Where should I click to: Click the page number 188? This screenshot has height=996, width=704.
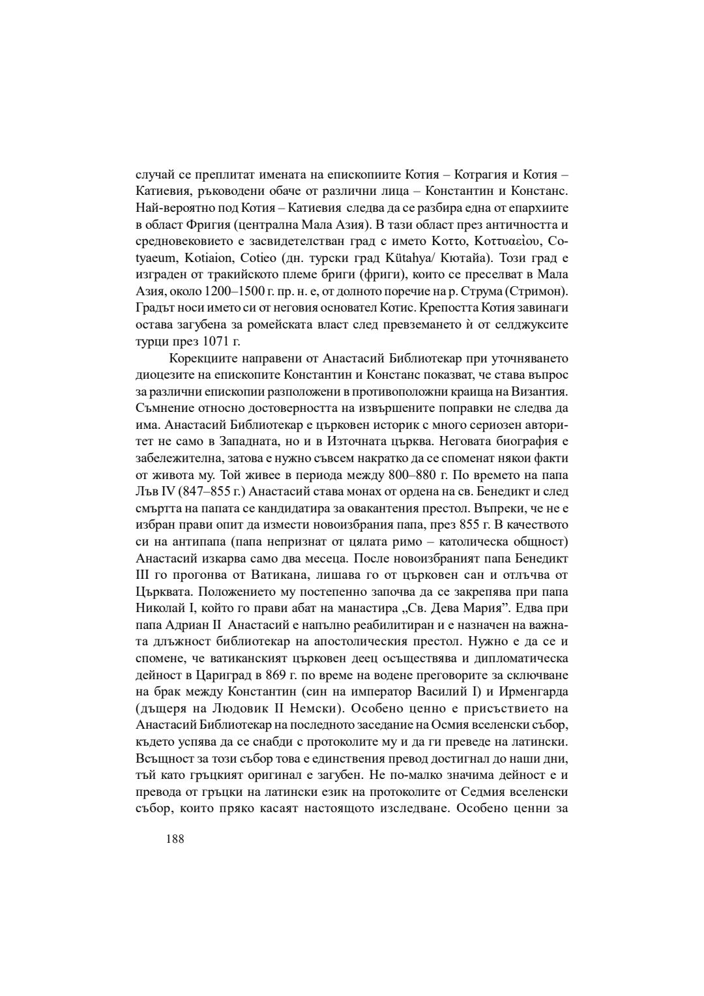(x=175, y=839)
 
